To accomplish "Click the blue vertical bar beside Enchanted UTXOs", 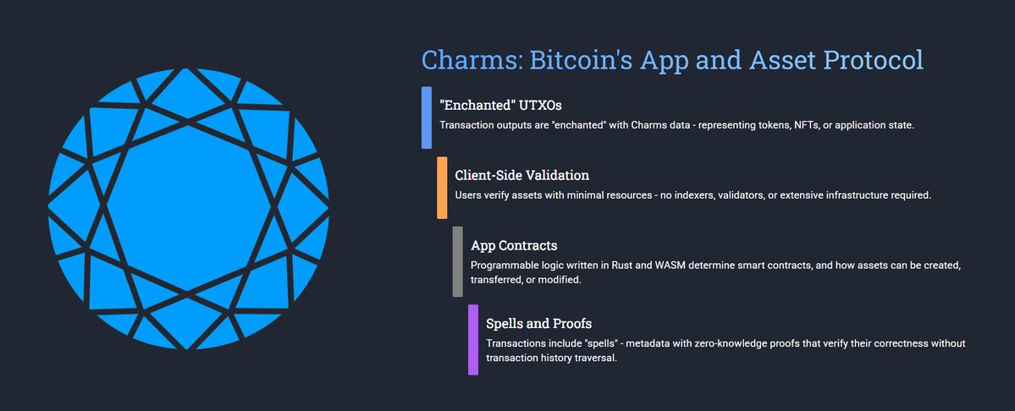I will (x=427, y=118).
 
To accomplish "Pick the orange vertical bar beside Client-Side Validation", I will (x=442, y=188).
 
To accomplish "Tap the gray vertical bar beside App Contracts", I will (x=457, y=261).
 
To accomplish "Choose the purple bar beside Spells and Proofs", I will (x=472, y=340).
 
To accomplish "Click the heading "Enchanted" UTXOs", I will (x=501, y=105).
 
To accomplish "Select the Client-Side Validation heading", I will (x=521, y=175).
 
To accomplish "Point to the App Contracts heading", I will (x=514, y=245).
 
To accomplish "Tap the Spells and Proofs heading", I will (x=538, y=323).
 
